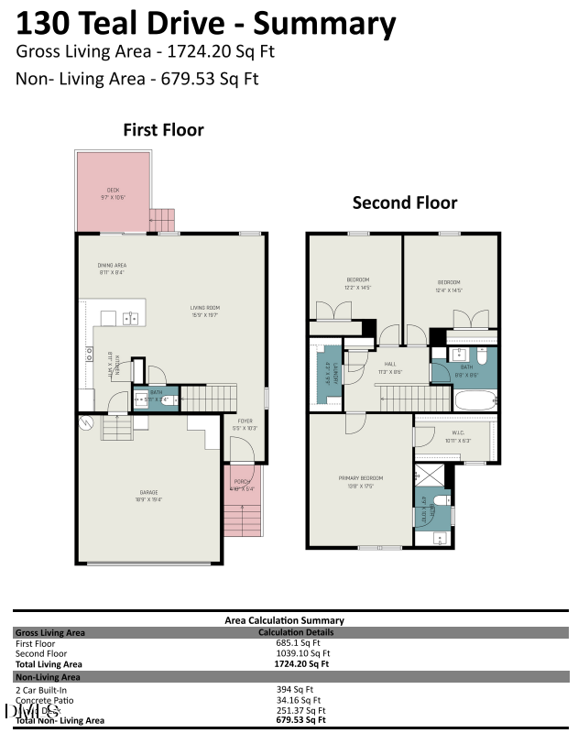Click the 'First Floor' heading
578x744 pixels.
(163, 130)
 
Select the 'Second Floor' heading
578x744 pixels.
(405, 202)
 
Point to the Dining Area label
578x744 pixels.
(112, 268)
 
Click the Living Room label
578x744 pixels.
(204, 311)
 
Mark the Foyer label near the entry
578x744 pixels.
(244, 424)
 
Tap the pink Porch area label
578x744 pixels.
(242, 485)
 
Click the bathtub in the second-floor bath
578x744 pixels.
(473, 398)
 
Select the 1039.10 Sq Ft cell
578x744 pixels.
(294, 653)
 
